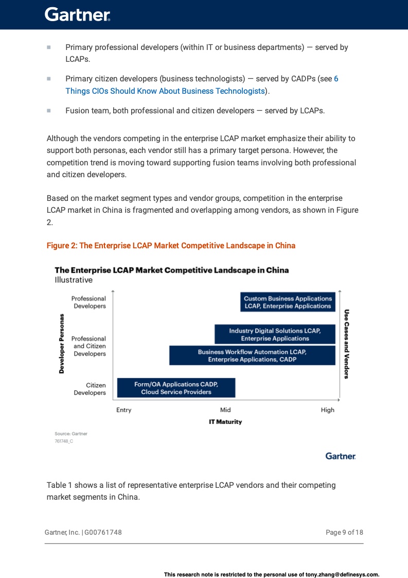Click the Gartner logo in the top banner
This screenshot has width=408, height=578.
click(x=78, y=14)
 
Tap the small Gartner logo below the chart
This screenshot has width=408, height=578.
click(x=341, y=456)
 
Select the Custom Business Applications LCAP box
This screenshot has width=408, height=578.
click(x=288, y=302)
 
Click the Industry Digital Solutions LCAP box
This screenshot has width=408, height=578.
click(x=275, y=334)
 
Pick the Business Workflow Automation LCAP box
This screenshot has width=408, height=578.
click(x=252, y=355)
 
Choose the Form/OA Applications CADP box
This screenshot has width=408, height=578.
click(x=176, y=388)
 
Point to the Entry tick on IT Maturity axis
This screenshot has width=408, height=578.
click(x=124, y=410)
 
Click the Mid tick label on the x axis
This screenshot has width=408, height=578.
click(x=225, y=410)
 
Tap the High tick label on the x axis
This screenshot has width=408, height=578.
click(x=327, y=410)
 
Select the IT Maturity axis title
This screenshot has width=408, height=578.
click(x=225, y=421)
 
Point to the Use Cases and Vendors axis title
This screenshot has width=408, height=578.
click(x=347, y=344)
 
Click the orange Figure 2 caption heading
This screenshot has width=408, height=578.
click(x=171, y=245)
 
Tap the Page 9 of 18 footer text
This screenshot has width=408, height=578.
click(x=344, y=532)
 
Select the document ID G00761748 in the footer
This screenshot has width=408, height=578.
click(x=103, y=532)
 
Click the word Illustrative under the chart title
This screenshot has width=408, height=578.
click(x=74, y=280)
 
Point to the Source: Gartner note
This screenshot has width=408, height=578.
click(x=71, y=434)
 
